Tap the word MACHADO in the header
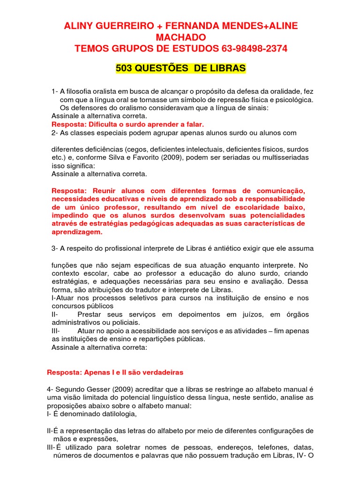point(180,37)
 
